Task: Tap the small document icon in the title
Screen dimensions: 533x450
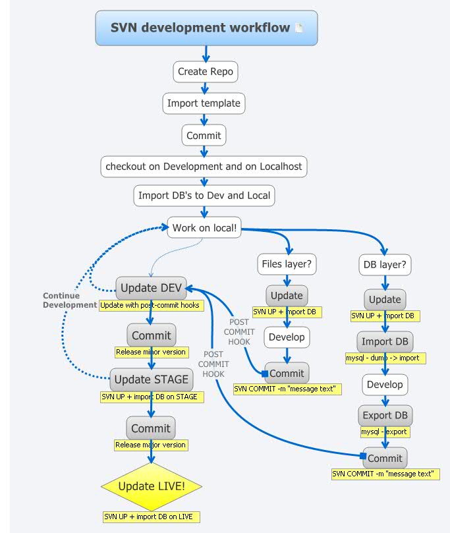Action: click(x=299, y=28)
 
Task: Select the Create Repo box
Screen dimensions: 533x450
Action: click(x=205, y=71)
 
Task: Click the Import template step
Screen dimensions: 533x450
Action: click(x=204, y=103)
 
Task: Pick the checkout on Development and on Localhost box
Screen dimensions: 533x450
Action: click(x=204, y=166)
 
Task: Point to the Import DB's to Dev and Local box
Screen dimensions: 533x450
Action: click(x=204, y=196)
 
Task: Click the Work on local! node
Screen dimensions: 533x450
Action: click(x=204, y=229)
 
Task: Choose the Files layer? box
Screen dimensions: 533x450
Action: click(x=287, y=264)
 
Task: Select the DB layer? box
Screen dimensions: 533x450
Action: click(x=385, y=266)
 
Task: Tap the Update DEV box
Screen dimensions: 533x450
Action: click(x=152, y=288)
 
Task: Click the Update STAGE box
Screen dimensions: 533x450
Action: click(x=152, y=379)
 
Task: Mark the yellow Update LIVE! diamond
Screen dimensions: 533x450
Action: click(x=152, y=487)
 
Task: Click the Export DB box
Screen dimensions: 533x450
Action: click(x=385, y=416)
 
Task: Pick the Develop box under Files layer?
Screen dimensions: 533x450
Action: click(x=287, y=337)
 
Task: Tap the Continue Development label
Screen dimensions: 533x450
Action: click(x=70, y=300)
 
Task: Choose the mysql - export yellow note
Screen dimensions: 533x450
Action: click(x=385, y=432)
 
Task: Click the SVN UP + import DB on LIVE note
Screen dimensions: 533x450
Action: click(x=151, y=517)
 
